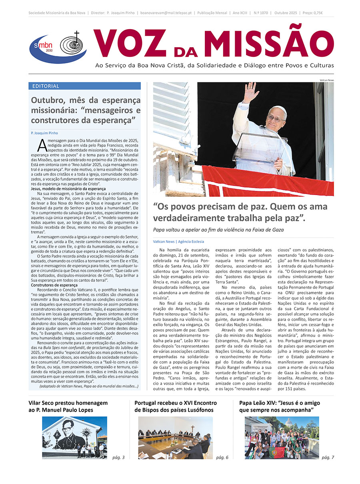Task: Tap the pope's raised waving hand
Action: (251, 92)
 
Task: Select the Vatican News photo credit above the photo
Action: (326, 80)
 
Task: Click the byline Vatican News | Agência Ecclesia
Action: (178, 242)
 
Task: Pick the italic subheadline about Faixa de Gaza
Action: (218, 230)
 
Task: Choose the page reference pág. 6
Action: (222, 457)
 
